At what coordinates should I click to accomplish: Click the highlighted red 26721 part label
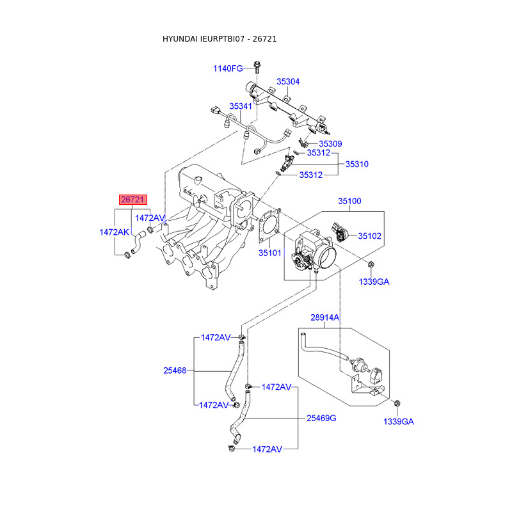pos(133,200)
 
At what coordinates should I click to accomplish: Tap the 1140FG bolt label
pos(228,68)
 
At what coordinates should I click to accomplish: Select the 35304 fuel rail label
pos(288,82)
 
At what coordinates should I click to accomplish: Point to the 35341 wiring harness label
pos(241,106)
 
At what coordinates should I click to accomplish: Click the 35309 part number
pos(330,143)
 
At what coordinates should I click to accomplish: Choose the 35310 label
pos(357,164)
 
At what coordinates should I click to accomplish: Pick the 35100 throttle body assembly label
pos(349,201)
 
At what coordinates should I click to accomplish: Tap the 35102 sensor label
pos(370,236)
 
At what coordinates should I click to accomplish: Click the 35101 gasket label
pos(269,253)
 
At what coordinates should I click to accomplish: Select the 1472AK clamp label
pos(115,232)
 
